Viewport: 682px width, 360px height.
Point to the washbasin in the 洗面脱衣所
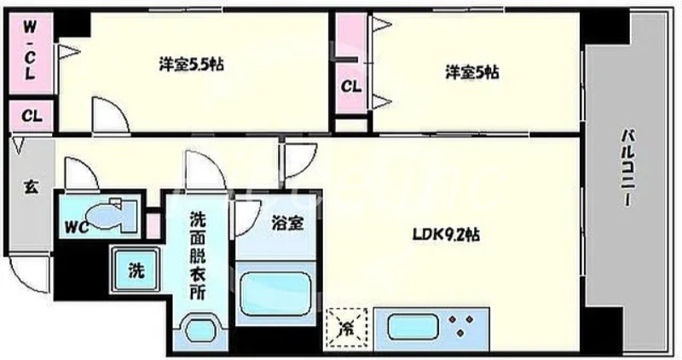[x=201, y=329]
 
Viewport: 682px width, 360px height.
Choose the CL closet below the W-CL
[x=28, y=115]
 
